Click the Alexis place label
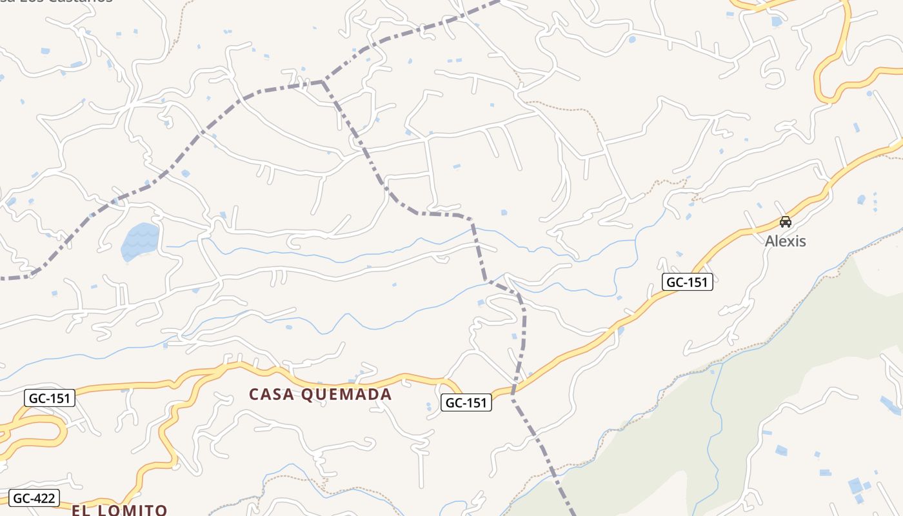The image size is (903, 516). coord(785,241)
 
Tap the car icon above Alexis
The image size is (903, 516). coord(785,222)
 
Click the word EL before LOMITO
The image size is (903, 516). coord(80,510)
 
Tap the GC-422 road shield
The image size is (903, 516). coord(35,498)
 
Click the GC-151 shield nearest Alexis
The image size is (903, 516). coord(687,282)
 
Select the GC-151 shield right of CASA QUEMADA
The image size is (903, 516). coord(466,402)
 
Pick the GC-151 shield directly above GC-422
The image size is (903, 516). coord(50,398)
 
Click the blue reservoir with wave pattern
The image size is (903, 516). coord(140,241)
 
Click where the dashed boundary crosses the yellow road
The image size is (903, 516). coord(514,389)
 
